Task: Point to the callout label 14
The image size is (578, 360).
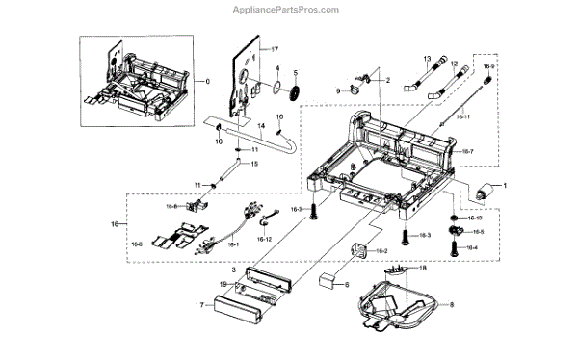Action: coord(260,126)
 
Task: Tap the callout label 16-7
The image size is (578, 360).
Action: coord(468,152)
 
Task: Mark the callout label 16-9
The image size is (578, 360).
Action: coord(488,66)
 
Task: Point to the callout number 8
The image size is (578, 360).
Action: coord(443,306)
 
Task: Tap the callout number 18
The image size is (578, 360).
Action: coord(422,269)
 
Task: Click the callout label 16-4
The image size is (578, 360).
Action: coord(471,247)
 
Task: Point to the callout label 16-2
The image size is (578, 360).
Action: coord(381,251)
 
